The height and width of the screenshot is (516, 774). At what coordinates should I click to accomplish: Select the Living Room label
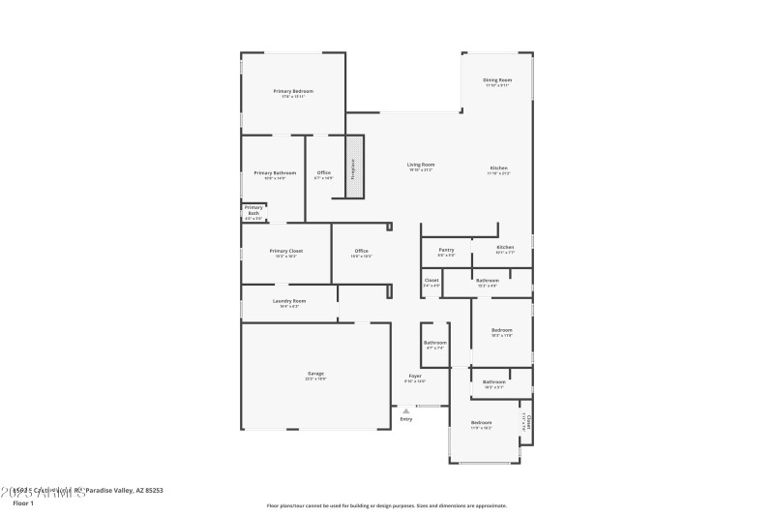[x=420, y=165]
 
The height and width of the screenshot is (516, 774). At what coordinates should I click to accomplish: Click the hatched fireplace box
[x=353, y=167]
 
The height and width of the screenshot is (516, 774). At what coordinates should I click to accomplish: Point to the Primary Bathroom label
[x=275, y=172]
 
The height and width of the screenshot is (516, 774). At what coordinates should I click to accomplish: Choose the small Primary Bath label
[x=253, y=208]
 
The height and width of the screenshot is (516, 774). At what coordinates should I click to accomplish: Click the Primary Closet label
[x=285, y=251]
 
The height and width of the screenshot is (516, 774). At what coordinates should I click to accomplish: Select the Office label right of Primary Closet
[x=360, y=251]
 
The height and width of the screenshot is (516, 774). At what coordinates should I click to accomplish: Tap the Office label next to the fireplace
[x=323, y=172]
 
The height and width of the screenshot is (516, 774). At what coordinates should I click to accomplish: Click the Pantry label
[x=446, y=250]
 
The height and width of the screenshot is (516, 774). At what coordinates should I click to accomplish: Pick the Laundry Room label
[x=289, y=300]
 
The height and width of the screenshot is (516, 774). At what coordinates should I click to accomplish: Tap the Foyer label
[x=414, y=376]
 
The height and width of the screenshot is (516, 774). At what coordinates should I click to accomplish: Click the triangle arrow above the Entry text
[x=406, y=410]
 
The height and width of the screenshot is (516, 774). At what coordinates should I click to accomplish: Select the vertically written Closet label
[x=528, y=421]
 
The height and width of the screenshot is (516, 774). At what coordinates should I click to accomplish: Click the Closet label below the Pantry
[x=432, y=280]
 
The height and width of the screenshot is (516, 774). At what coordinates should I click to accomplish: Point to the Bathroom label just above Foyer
[x=434, y=342]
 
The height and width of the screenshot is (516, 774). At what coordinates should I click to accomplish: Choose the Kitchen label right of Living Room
[x=498, y=167]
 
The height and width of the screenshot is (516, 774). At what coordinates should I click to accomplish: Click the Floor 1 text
[x=23, y=503]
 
